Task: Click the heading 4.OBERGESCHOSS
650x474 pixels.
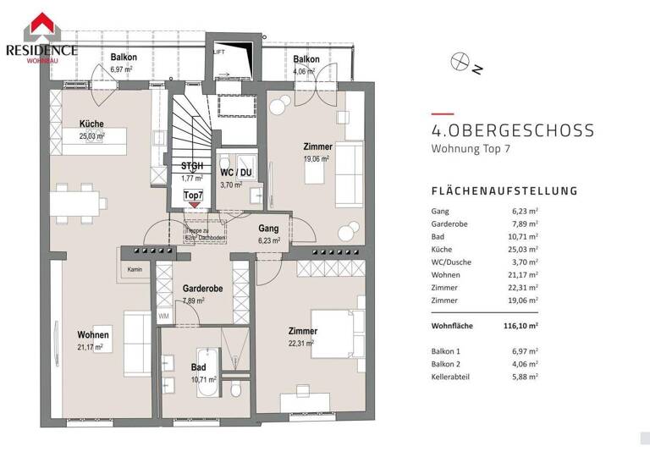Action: click(x=512, y=132)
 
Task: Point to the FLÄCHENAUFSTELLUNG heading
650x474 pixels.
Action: click(x=504, y=191)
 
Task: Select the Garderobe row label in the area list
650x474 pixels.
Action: click(x=451, y=223)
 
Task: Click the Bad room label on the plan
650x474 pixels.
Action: click(x=198, y=367)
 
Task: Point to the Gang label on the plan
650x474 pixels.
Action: click(x=268, y=229)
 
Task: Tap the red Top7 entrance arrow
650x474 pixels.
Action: click(x=194, y=204)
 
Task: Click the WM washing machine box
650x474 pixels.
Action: click(x=163, y=316)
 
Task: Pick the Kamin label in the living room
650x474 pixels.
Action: click(x=134, y=270)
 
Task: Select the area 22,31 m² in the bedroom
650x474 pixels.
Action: click(x=300, y=343)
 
